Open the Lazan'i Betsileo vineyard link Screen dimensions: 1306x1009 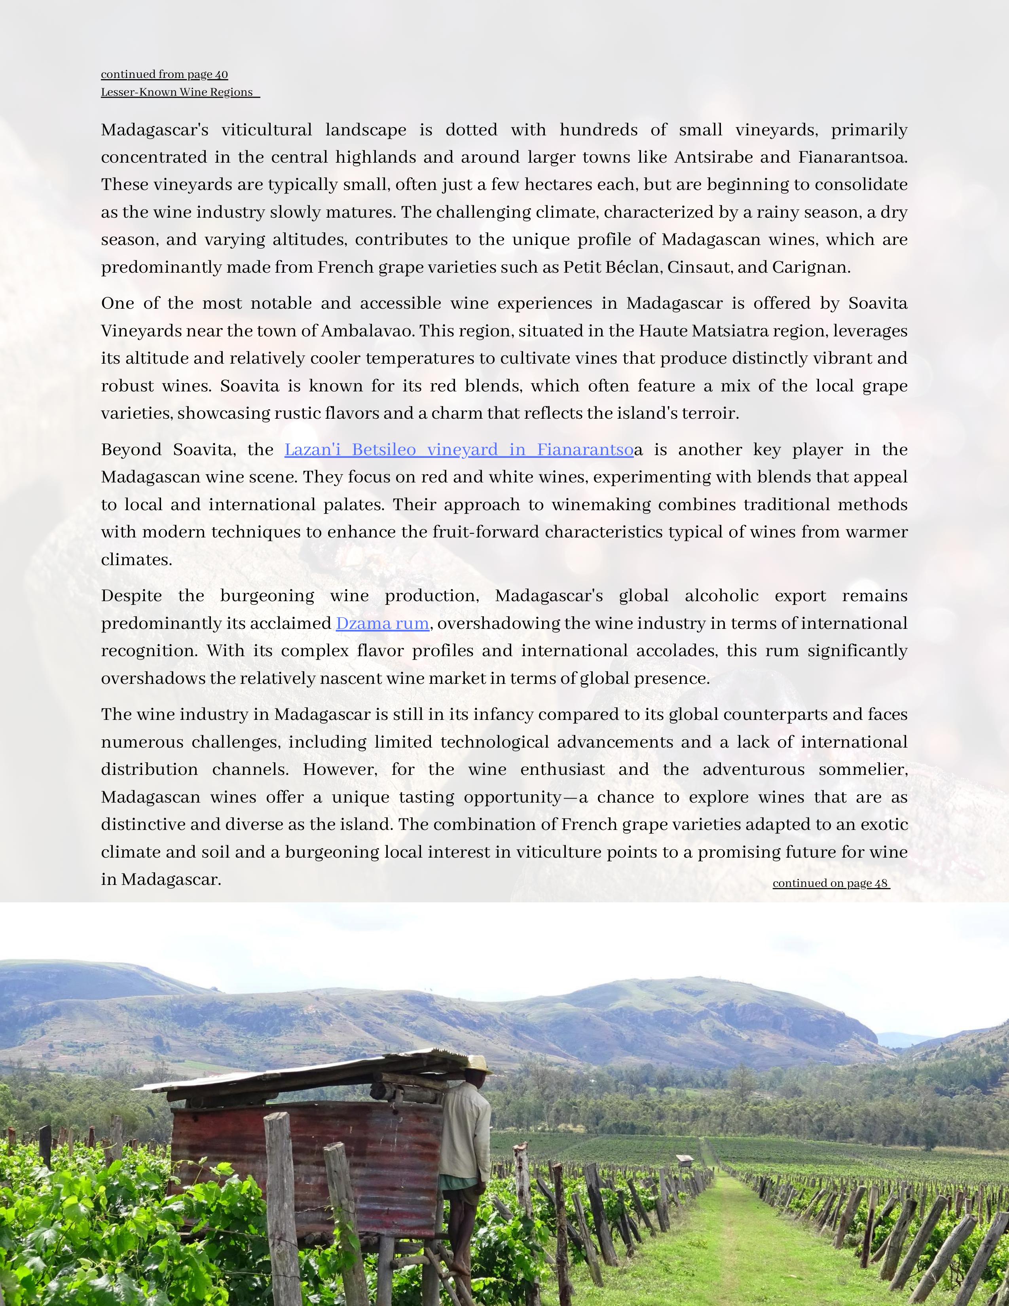459,450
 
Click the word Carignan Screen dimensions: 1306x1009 810,267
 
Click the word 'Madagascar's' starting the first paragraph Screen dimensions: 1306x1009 154,130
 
